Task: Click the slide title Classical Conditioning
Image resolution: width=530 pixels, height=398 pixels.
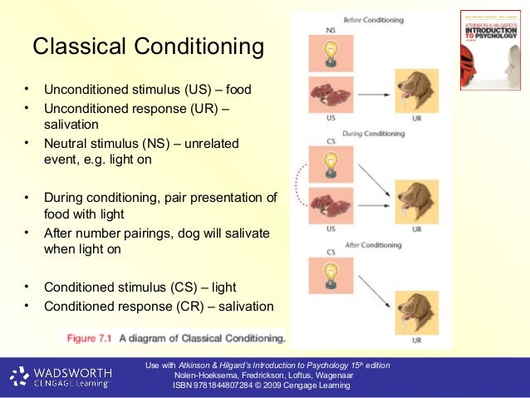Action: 148,47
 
